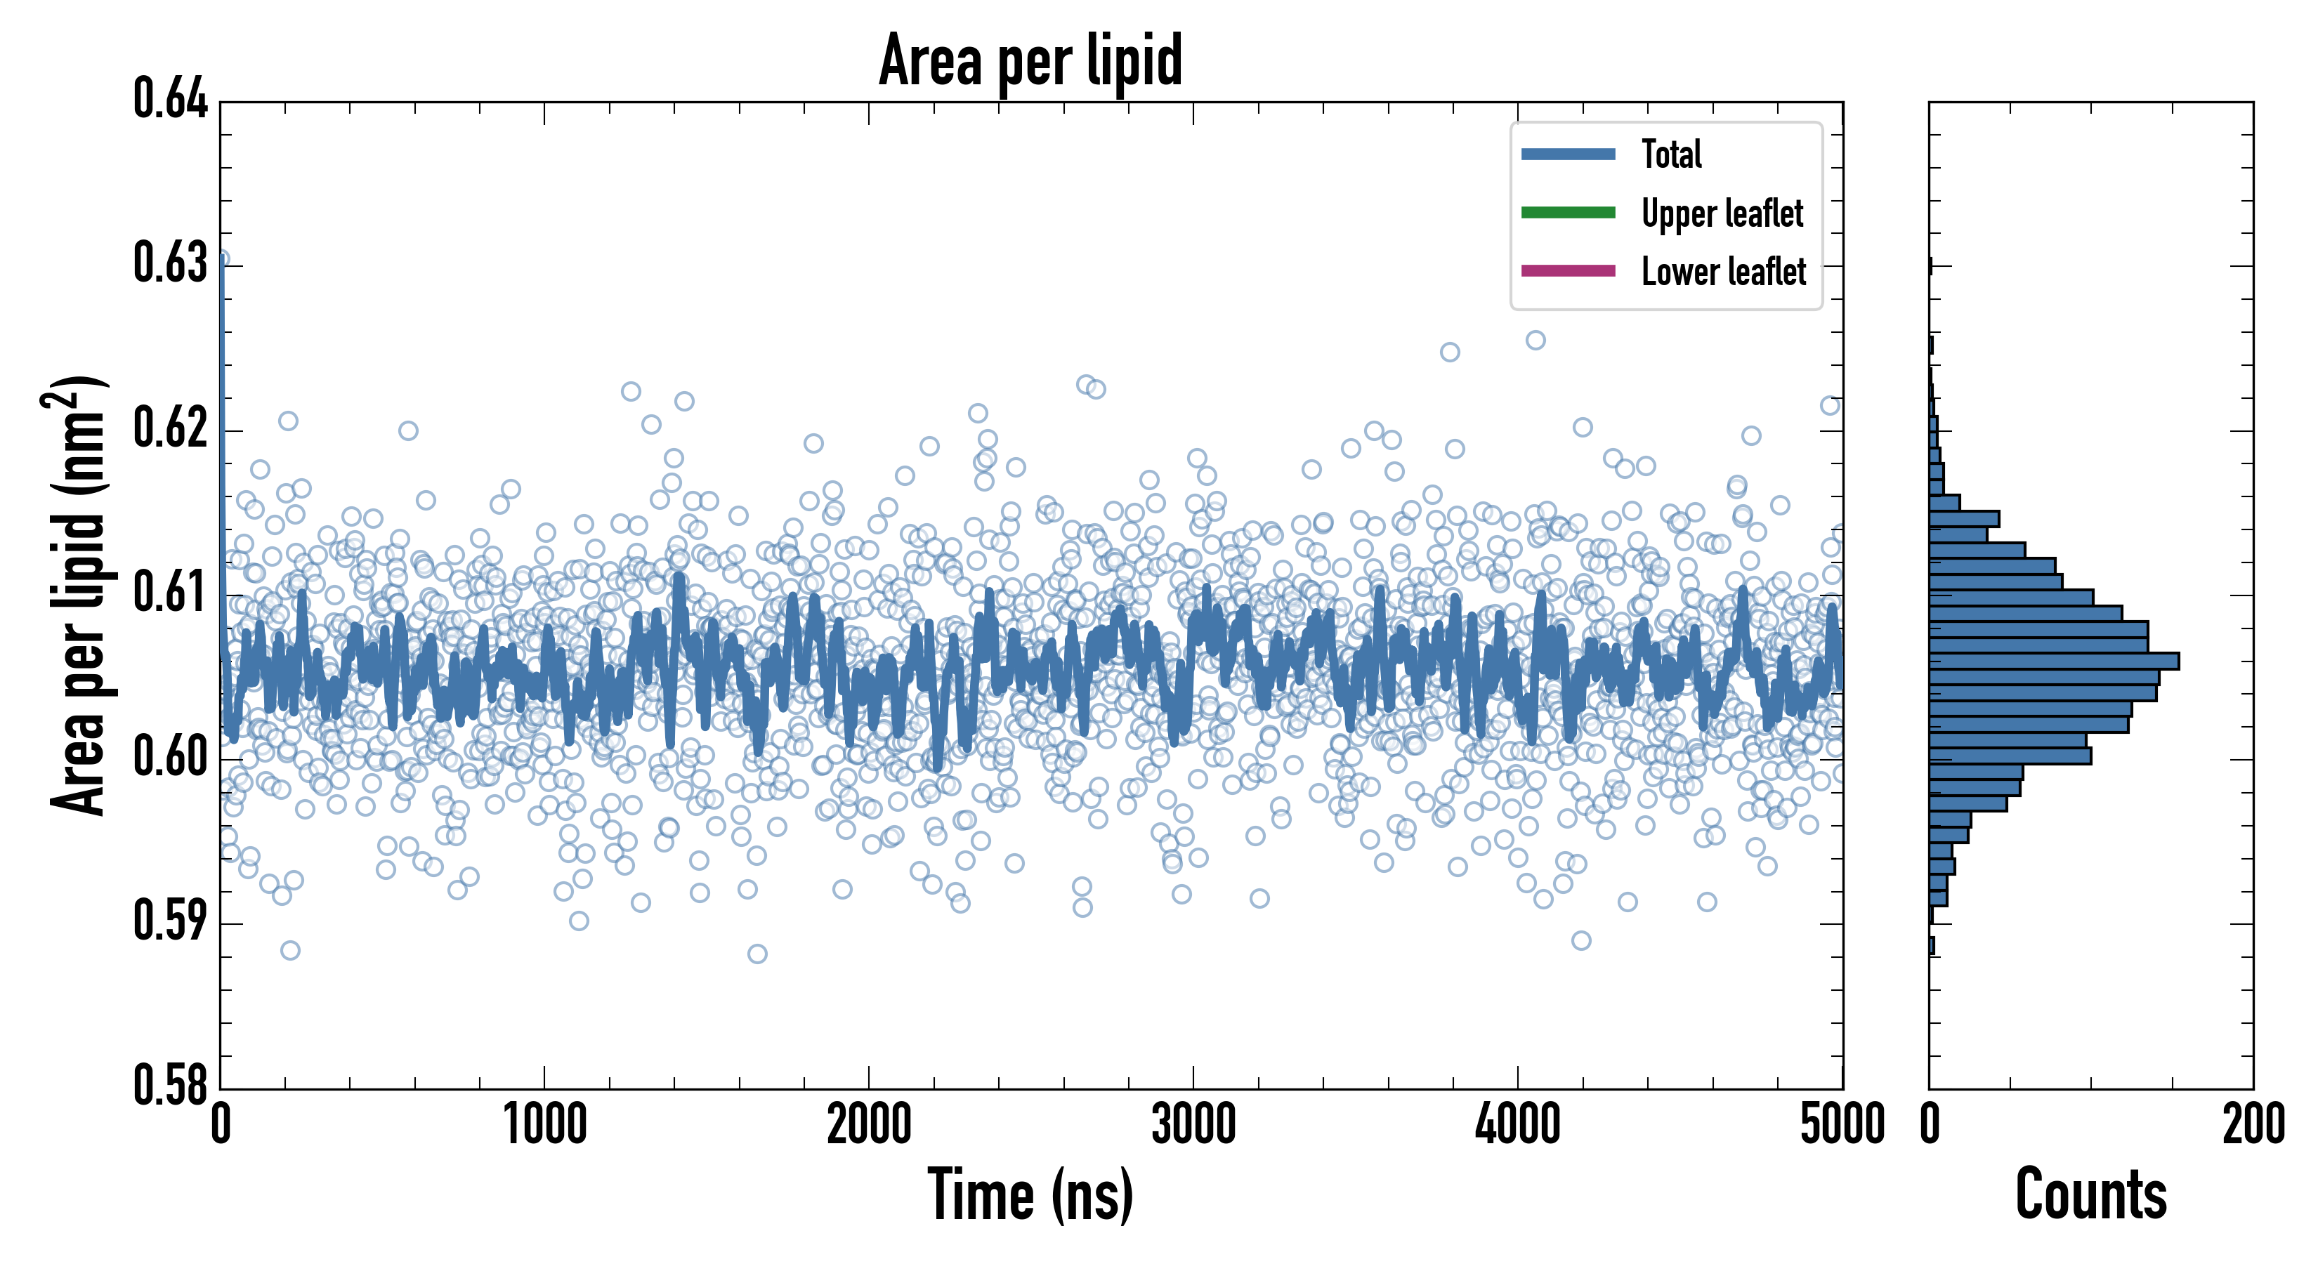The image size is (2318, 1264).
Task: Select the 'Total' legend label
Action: point(1671,154)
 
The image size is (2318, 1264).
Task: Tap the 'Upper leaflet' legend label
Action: point(1722,213)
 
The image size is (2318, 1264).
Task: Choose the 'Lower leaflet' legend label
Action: point(1723,271)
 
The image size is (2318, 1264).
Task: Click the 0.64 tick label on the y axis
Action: point(170,99)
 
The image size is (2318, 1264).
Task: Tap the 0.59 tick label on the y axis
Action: point(170,921)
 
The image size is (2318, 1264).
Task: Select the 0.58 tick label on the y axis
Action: point(170,1085)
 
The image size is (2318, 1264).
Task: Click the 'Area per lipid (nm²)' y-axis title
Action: point(77,595)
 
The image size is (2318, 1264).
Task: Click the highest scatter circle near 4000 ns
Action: point(1535,340)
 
